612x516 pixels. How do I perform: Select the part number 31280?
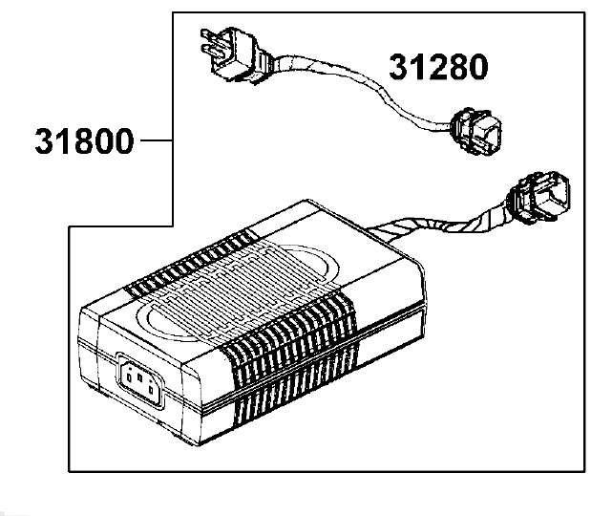click(437, 67)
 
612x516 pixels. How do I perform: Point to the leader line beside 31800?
click(156, 141)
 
